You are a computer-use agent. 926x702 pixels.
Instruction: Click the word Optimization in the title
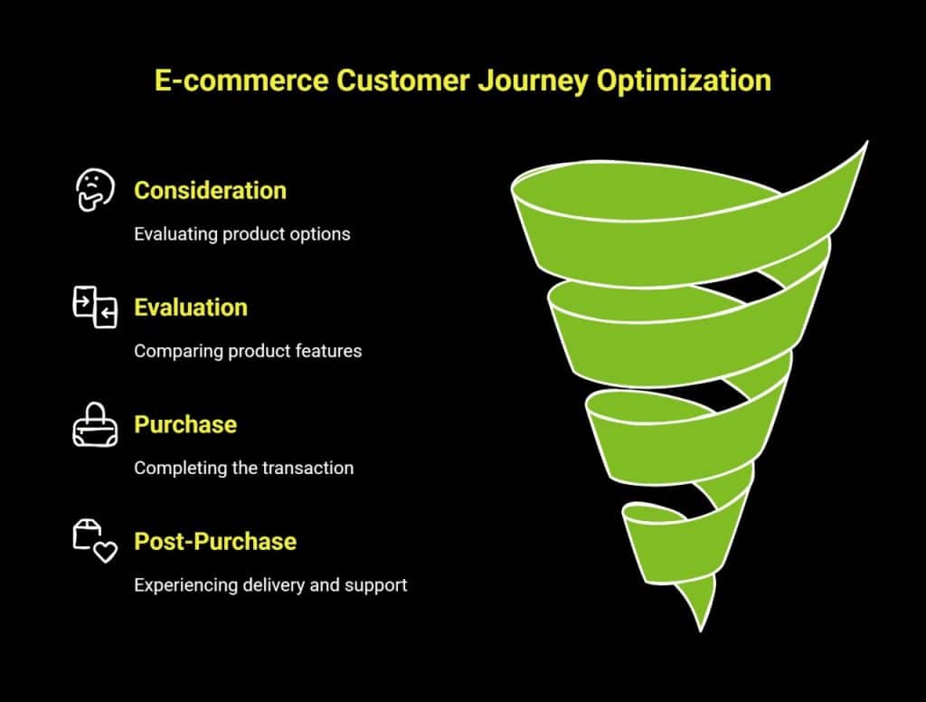[684, 80]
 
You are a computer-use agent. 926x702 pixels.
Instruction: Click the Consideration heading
[210, 190]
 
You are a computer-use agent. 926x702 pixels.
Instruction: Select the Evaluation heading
[190, 308]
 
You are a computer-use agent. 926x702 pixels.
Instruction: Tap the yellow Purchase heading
[185, 424]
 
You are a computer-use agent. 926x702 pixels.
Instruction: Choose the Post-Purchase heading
[215, 541]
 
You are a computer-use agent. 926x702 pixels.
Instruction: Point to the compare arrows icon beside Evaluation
[94, 307]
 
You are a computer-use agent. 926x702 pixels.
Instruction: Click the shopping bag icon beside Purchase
[94, 425]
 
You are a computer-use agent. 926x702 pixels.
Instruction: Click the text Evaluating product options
[241, 233]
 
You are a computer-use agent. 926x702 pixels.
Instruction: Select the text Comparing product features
[248, 351]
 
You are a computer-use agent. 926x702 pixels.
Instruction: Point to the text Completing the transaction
[243, 468]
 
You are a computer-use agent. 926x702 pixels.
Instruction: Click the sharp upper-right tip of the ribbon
[865, 144]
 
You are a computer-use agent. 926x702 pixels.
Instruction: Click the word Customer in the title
[401, 80]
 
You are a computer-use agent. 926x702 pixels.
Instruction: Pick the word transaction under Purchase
[308, 468]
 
